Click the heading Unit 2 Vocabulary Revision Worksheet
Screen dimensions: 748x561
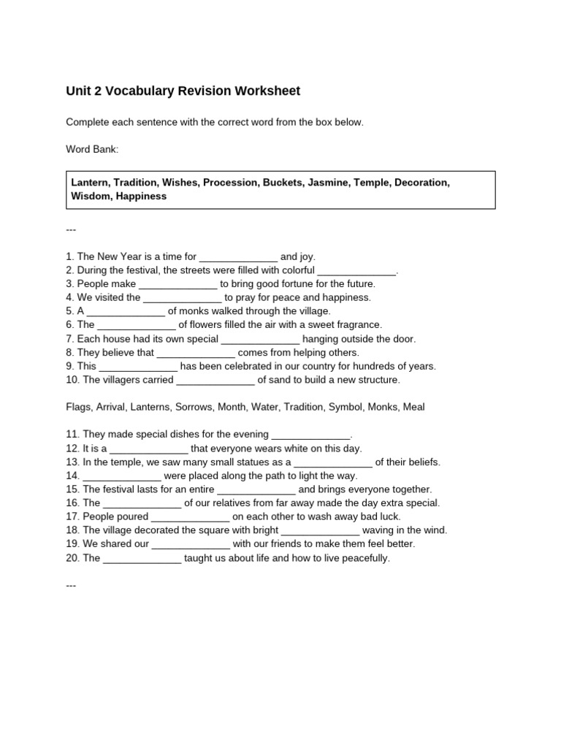point(183,91)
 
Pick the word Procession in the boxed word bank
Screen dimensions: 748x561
point(232,183)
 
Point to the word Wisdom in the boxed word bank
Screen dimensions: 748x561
point(89,196)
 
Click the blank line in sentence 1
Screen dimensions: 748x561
point(238,258)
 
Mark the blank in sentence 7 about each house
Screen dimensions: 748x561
point(260,340)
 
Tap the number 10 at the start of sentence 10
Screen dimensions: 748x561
point(72,380)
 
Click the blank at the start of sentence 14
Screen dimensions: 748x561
point(122,476)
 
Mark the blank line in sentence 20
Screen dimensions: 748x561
point(142,559)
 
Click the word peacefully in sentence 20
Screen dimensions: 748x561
point(365,558)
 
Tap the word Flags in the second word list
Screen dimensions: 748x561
point(78,407)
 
